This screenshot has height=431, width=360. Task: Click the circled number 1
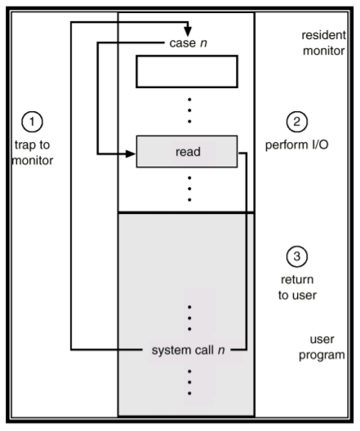click(x=32, y=122)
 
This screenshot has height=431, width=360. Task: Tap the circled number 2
click(x=296, y=122)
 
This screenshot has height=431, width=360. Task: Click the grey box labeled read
click(x=187, y=151)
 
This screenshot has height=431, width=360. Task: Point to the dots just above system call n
click(x=189, y=318)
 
